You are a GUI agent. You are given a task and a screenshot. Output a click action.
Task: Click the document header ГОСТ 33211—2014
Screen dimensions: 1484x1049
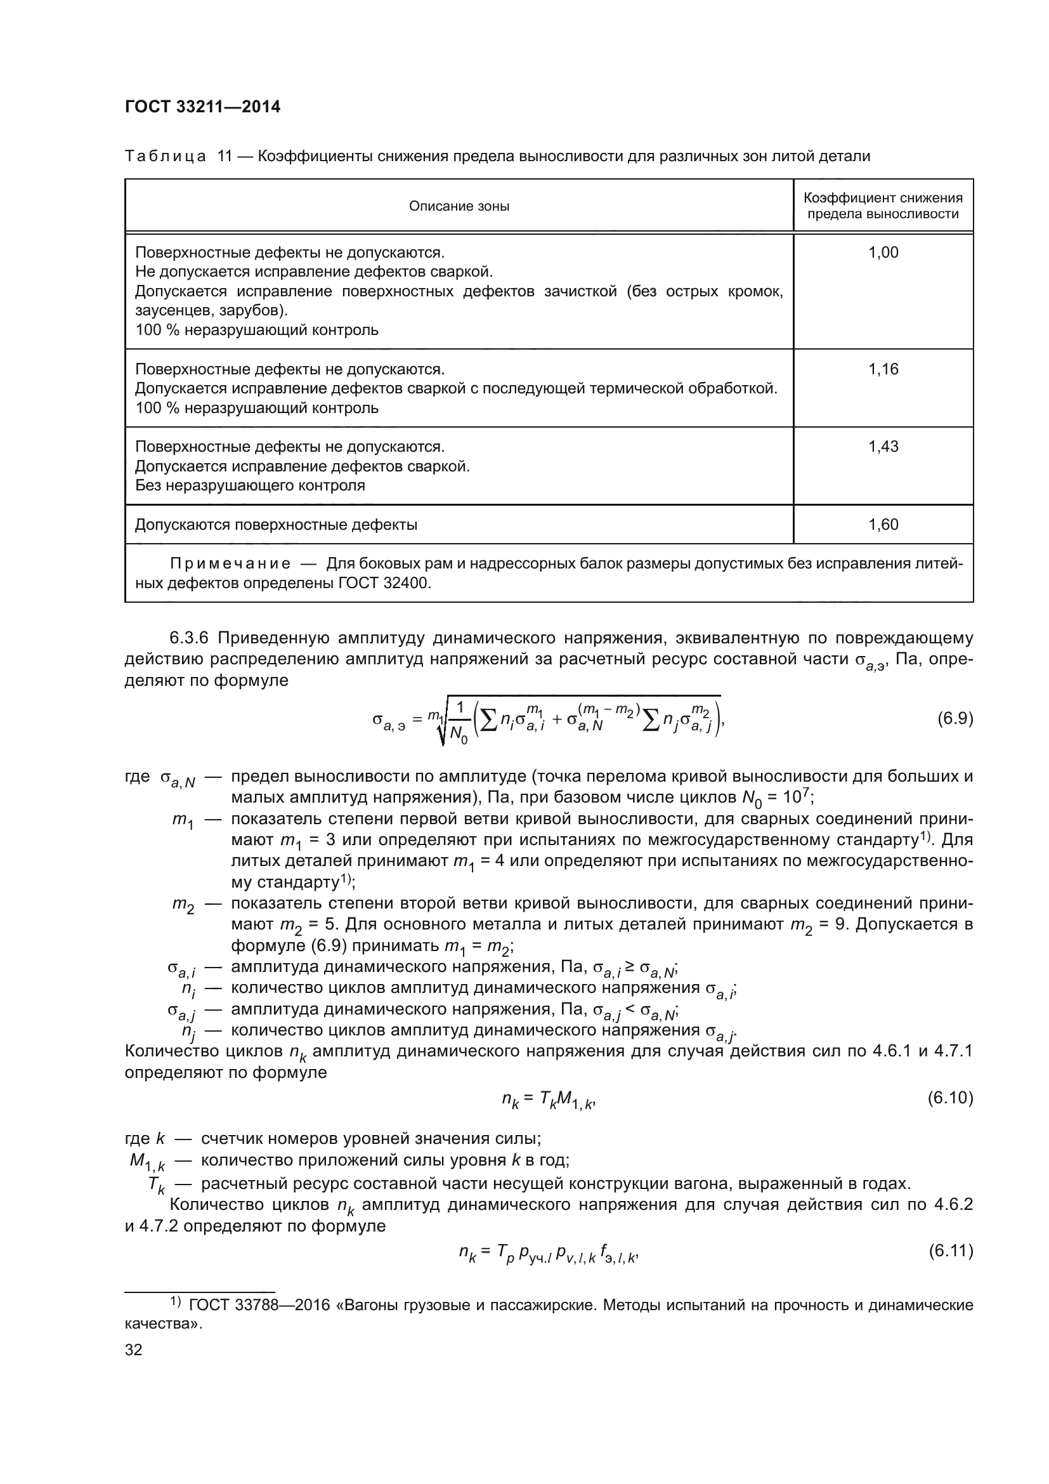pyautogui.click(x=202, y=107)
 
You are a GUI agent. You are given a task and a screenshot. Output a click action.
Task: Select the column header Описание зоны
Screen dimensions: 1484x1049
pyautogui.click(x=459, y=206)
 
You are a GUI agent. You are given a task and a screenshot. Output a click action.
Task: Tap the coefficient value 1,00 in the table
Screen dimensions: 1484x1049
pyautogui.click(x=882, y=253)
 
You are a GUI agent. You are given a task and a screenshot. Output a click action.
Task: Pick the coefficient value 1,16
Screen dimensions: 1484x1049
pyautogui.click(x=882, y=369)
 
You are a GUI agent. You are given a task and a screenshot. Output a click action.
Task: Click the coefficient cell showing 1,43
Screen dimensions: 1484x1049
pyautogui.click(x=882, y=447)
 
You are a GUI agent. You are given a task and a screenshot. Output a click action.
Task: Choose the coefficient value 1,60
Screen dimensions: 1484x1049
pyautogui.click(x=882, y=524)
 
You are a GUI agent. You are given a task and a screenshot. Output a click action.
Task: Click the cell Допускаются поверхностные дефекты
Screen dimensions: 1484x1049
pyautogui.click(x=276, y=525)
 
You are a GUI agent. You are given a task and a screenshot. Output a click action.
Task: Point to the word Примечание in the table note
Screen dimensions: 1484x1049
pyautogui.click(x=230, y=563)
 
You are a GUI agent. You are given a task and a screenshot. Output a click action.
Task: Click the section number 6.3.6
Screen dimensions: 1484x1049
pyautogui.click(x=190, y=638)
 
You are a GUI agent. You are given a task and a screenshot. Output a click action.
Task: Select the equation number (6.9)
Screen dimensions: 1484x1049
pyautogui.click(x=955, y=718)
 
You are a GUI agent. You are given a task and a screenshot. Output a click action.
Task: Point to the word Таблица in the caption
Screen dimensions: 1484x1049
pyautogui.click(x=165, y=156)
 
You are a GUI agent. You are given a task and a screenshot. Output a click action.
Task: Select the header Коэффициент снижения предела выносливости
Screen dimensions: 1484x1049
pyautogui.click(x=882, y=206)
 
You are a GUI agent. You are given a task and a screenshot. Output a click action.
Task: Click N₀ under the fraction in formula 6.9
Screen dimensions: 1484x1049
pyautogui.click(x=458, y=733)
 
